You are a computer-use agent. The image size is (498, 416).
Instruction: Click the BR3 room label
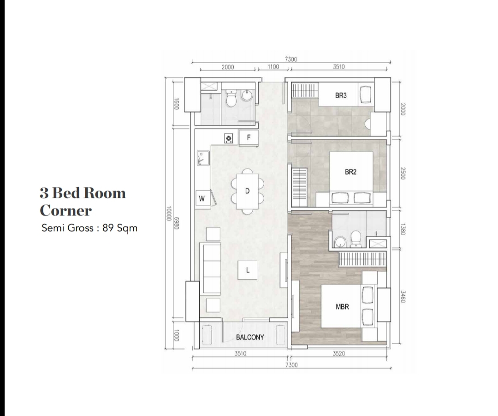(341, 95)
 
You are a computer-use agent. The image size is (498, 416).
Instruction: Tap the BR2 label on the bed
(350, 172)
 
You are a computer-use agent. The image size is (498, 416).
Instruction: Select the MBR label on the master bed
(342, 307)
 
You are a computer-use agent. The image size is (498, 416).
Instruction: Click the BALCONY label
(250, 337)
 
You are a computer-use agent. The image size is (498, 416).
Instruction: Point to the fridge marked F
(249, 138)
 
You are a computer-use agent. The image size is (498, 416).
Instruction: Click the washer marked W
(202, 199)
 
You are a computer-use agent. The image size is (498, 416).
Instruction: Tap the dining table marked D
(247, 191)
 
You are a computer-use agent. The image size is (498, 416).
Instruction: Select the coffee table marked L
(248, 270)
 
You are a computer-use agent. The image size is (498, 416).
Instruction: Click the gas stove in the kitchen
(228, 138)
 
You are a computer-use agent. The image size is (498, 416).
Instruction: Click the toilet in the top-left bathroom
(231, 98)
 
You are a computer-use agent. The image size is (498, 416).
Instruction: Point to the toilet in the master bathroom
(356, 239)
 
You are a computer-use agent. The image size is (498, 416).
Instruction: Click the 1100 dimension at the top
(273, 67)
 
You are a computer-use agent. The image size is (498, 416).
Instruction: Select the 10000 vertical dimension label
(169, 214)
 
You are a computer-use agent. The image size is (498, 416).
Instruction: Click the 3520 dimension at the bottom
(338, 353)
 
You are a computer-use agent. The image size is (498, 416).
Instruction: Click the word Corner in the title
(66, 210)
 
